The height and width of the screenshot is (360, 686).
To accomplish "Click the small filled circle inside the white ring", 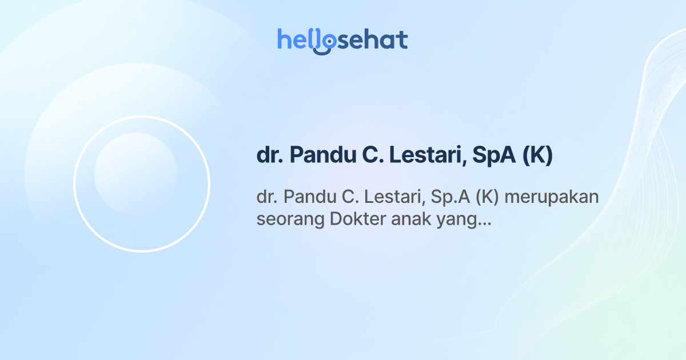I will (x=135, y=174).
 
